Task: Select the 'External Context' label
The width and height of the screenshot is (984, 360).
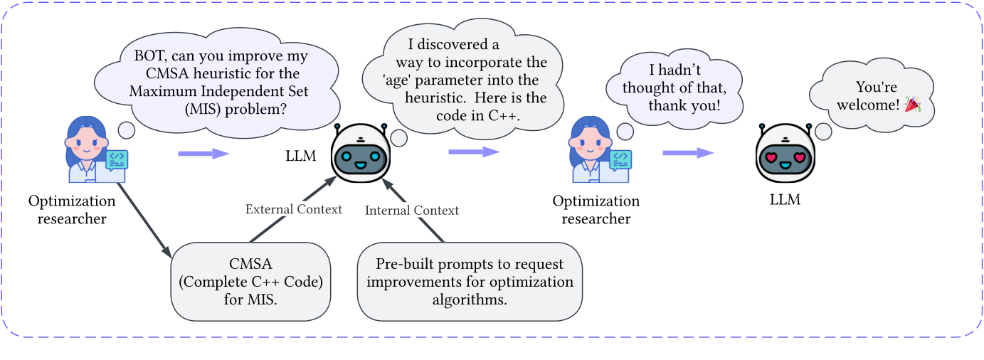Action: tap(294, 209)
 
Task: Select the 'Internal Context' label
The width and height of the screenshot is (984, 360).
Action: tap(412, 210)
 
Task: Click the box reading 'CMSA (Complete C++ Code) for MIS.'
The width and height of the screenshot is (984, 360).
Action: tap(251, 281)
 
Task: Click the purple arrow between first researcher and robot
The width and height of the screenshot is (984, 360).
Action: tap(203, 153)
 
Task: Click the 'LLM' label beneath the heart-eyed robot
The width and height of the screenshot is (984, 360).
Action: tap(785, 200)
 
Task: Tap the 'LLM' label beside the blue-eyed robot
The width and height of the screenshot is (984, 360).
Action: tap(300, 155)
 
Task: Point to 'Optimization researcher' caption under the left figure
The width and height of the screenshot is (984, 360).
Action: tap(72, 210)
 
